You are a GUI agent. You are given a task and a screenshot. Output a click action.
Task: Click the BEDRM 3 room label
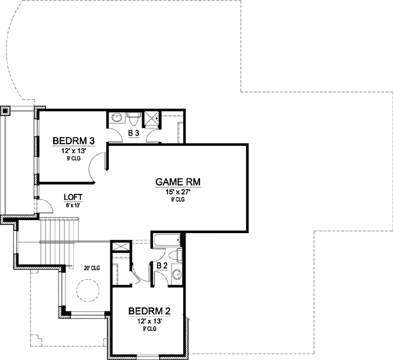74,142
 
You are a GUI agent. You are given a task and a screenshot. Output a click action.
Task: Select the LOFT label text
73,197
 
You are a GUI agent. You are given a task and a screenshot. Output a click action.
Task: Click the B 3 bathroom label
134,132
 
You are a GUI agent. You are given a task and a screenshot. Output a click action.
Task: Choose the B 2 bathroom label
162,266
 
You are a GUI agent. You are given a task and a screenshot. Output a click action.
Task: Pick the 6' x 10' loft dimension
73,205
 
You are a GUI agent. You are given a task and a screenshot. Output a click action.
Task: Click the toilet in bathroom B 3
133,117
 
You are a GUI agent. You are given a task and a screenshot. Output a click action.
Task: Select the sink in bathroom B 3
116,117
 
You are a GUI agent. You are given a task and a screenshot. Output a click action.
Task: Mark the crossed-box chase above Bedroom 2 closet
119,247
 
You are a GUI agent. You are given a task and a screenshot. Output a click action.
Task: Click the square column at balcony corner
5,111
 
